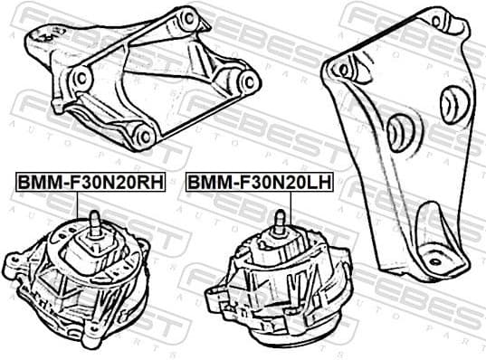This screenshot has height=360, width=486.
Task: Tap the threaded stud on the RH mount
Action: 93,220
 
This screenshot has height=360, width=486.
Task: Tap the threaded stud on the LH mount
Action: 280,220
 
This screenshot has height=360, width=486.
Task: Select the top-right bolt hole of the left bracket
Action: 188,18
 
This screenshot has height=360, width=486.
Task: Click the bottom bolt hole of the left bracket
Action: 142,137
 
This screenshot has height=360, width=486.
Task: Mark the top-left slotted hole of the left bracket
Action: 38,36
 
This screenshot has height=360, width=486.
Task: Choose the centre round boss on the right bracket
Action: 399,133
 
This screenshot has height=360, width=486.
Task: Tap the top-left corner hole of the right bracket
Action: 341,68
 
